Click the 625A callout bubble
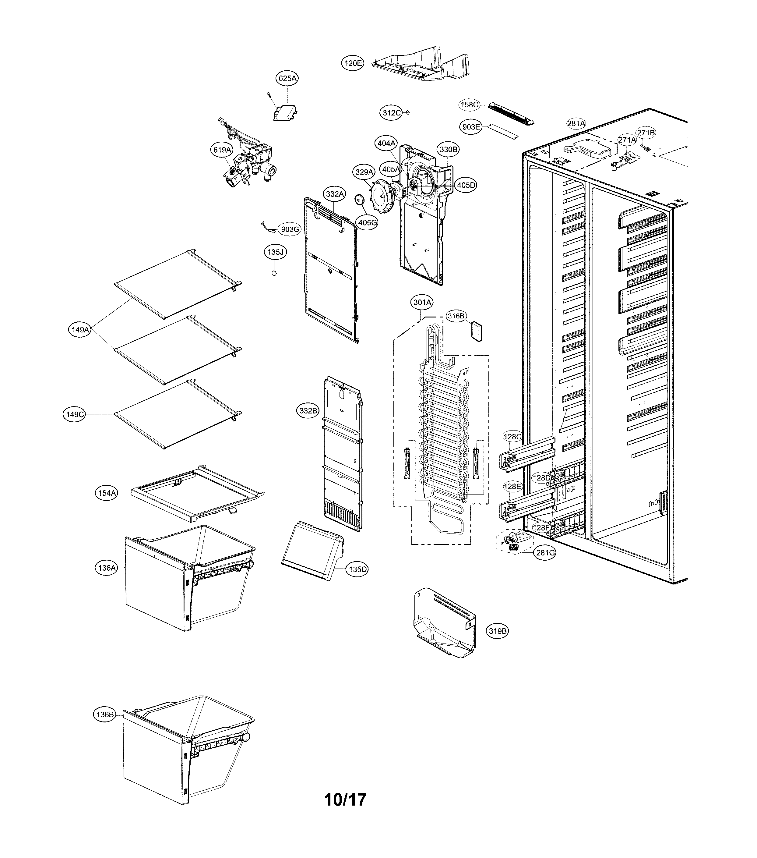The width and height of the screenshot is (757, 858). [287, 78]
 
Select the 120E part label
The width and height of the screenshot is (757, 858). [353, 63]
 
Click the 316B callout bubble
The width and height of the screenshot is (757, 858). [456, 316]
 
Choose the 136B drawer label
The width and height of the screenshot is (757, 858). [104, 714]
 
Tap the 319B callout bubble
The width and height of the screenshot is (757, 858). [497, 643]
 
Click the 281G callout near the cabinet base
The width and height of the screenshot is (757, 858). [545, 553]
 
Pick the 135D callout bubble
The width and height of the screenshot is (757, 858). [357, 569]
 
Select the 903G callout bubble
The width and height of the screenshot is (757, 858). [290, 229]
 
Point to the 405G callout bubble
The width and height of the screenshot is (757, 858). [366, 222]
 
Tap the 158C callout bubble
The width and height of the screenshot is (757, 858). [469, 105]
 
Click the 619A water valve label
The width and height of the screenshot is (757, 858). [222, 149]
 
